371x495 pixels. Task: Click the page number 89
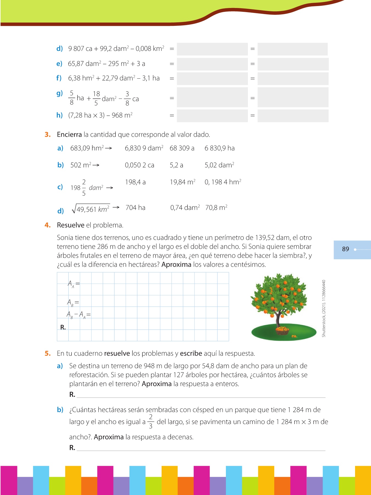coord(345,249)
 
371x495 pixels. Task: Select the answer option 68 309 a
coord(182,148)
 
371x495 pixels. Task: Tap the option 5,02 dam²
coord(219,165)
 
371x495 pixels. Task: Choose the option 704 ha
coord(135,208)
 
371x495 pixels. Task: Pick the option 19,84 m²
coord(182,182)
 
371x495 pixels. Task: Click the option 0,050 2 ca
coord(139,165)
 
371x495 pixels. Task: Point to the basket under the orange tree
coord(282,331)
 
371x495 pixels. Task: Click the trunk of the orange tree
coord(278,319)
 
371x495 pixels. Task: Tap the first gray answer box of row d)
coord(212,49)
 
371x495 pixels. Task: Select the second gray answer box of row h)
coord(293,116)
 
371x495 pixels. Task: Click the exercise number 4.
coord(48,225)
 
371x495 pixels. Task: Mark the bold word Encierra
coord(69,134)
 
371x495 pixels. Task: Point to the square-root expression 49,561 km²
coord(91,209)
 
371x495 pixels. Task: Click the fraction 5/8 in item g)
coord(71,98)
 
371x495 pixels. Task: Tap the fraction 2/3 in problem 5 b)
coord(151,422)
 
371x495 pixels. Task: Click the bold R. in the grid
coord(63,327)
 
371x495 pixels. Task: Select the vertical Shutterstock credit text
coord(324,308)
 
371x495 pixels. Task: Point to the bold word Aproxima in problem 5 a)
coord(157,384)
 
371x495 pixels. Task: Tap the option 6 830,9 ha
coord(219,148)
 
